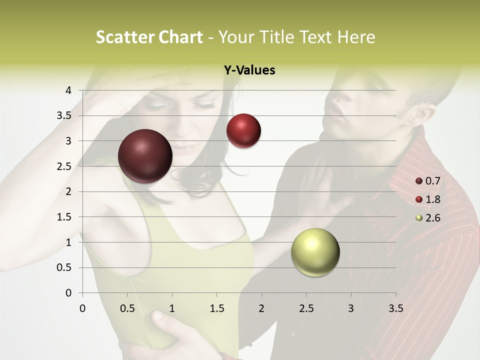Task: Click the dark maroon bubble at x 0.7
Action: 145,156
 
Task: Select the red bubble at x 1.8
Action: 243,130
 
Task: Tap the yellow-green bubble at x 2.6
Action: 315,252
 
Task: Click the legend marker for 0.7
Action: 419,181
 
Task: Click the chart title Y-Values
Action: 249,70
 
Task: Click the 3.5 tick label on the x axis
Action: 395,308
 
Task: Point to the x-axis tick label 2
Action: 261,308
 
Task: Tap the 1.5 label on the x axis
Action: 216,308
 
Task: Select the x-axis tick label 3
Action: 350,308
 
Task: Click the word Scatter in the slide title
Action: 125,37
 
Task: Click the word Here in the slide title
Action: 356,37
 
